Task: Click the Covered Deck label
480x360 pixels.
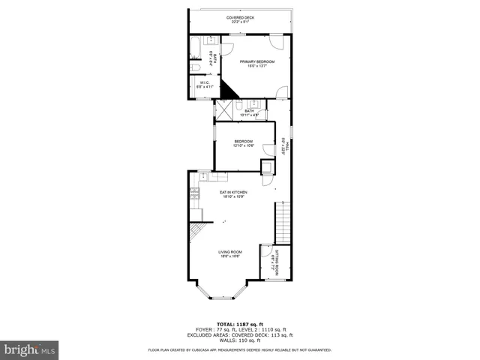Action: coord(240,19)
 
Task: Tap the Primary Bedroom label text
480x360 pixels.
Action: coord(257,63)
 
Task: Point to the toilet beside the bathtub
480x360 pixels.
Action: coord(195,67)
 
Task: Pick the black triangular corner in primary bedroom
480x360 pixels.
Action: coord(227,89)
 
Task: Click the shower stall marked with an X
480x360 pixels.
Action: coord(223,109)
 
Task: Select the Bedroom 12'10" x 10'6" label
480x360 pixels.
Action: coord(243,143)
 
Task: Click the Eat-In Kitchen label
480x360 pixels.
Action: coord(234,194)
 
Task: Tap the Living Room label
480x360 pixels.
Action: coord(229,253)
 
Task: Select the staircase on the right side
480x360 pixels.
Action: coord(283,217)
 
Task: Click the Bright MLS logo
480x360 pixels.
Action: coord(30,349)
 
